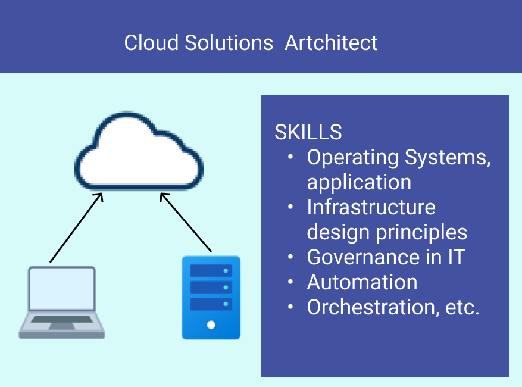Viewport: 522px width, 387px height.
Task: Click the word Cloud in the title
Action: click(151, 43)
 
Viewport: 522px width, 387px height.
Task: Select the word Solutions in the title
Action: click(229, 43)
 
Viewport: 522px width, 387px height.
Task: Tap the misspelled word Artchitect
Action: click(332, 43)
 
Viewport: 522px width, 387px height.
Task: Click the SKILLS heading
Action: click(308, 132)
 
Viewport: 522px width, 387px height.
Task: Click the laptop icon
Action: click(62, 302)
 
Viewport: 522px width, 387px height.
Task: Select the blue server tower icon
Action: click(211, 298)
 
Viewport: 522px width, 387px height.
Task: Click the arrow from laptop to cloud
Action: click(76, 227)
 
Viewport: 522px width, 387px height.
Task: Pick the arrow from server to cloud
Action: click(186, 222)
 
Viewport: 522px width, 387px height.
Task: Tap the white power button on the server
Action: click(211, 324)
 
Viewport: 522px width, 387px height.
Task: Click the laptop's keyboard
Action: click(62, 320)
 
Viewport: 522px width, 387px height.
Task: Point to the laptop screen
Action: click(62, 289)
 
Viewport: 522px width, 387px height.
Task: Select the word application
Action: click(359, 183)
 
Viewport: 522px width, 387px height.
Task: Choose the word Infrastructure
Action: click(371, 207)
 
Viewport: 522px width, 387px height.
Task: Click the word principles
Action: click(421, 232)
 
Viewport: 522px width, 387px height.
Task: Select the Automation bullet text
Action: click(362, 282)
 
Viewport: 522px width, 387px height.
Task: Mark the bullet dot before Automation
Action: click(290, 282)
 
